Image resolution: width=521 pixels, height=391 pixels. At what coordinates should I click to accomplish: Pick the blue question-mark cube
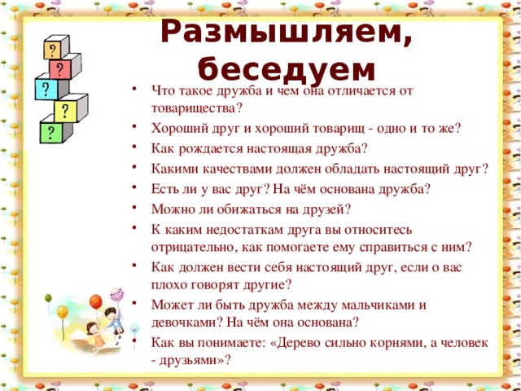pyautogui.click(x=45, y=88)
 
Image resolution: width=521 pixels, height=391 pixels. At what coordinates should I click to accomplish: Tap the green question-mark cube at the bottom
pyautogui.click(x=51, y=130)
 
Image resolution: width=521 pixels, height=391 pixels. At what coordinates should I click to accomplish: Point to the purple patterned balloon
pyautogui.click(x=116, y=293)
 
